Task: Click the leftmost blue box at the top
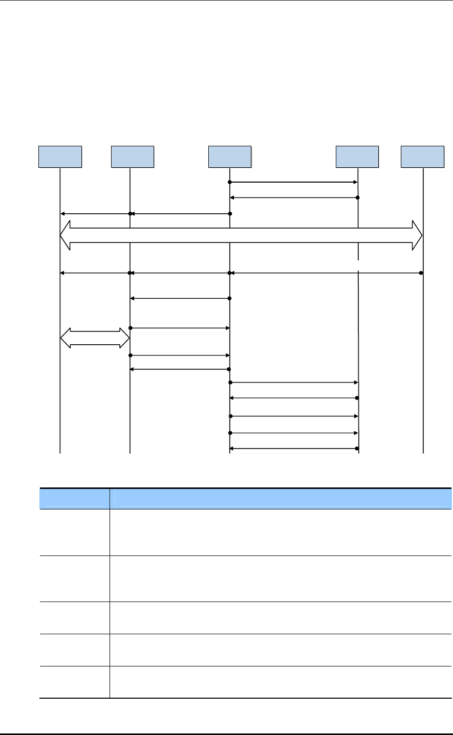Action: click(x=60, y=157)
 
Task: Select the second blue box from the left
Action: click(x=133, y=157)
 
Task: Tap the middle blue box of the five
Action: click(x=230, y=157)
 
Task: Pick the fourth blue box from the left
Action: click(x=357, y=157)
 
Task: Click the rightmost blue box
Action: click(x=422, y=157)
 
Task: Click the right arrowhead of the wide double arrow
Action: click(x=417, y=236)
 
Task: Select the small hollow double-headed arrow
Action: click(x=95, y=338)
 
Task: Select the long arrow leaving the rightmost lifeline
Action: click(x=326, y=273)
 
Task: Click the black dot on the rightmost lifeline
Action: click(x=421, y=273)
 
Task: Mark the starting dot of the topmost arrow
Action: click(x=230, y=182)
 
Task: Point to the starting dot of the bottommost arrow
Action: click(x=357, y=449)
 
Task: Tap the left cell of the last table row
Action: click(x=74, y=682)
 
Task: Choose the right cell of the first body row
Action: click(x=281, y=532)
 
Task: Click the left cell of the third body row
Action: click(x=74, y=618)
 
